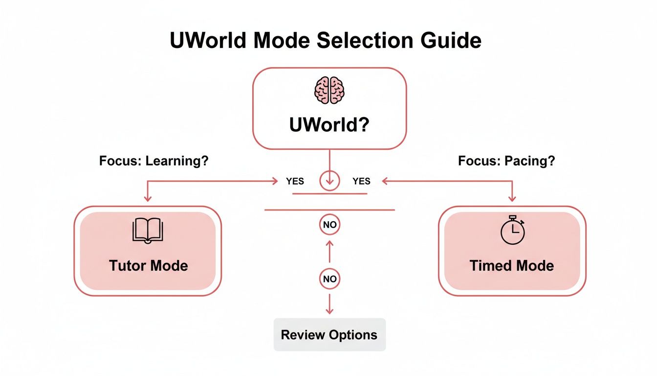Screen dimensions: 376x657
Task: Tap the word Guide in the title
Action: (454, 40)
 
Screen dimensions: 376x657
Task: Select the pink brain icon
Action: (329, 90)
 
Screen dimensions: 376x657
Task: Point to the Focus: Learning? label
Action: (153, 161)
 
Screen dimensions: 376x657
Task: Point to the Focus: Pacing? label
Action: (506, 161)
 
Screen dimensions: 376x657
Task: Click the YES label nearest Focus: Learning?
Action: (295, 181)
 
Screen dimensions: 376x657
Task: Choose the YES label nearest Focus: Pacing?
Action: (361, 181)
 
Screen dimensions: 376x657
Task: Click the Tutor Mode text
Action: (148, 266)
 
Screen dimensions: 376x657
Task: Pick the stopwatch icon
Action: (512, 230)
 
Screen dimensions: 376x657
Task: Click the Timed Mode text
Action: (512, 266)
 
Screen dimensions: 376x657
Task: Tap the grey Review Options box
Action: (329, 335)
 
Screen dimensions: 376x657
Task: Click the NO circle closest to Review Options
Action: (329, 279)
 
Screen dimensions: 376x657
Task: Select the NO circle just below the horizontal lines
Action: (329, 225)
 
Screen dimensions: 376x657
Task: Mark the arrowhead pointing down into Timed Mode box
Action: (512, 198)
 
